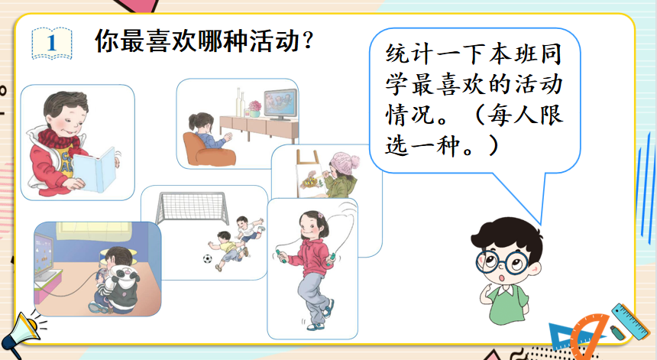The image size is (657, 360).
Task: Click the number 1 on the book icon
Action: click(x=51, y=43)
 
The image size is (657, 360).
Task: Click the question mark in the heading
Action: click(x=308, y=41)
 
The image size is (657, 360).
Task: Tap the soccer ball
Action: click(x=207, y=258)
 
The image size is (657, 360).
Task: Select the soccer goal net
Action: click(x=193, y=208)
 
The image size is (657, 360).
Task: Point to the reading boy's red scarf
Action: click(x=59, y=138)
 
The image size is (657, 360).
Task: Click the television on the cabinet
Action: click(x=280, y=103)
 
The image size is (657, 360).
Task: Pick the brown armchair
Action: click(x=208, y=150)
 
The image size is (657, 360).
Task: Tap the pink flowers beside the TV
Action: click(x=254, y=106)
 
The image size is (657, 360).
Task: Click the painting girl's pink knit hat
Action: click(x=345, y=163)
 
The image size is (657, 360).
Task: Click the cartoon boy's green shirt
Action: click(x=507, y=301)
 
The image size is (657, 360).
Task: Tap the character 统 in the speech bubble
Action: click(x=397, y=54)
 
